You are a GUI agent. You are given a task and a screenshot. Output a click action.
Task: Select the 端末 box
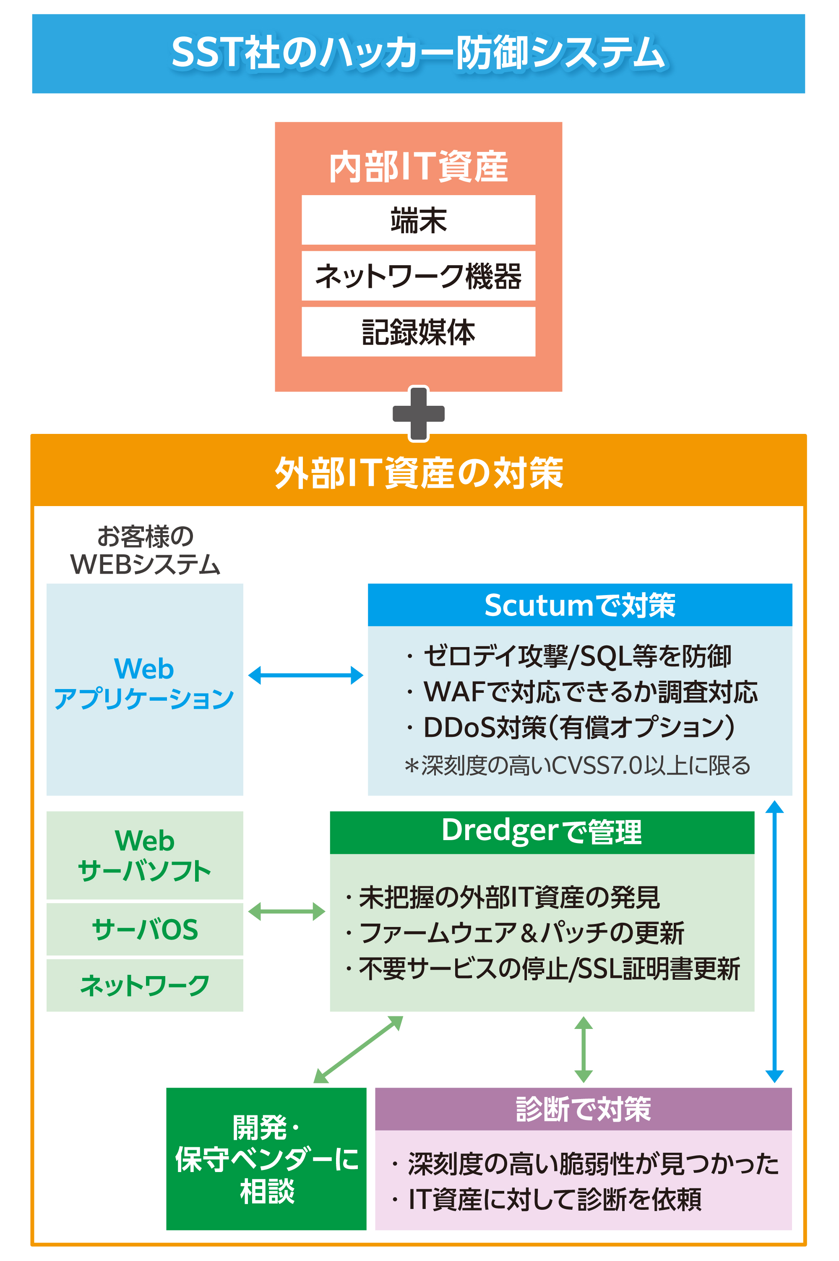click(x=418, y=220)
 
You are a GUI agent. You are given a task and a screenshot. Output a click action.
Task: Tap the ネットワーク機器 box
click(x=418, y=276)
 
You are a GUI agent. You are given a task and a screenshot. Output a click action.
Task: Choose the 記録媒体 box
click(x=418, y=332)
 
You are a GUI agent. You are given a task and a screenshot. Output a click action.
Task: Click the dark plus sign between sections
click(x=418, y=414)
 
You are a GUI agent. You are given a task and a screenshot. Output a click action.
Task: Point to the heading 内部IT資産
click(x=418, y=167)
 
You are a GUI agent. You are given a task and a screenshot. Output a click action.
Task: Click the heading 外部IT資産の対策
click(x=418, y=473)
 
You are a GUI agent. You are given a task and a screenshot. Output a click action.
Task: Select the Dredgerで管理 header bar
click(x=542, y=832)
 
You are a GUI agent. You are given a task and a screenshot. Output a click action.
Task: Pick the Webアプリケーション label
click(x=144, y=684)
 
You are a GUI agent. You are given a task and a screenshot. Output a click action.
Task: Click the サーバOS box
click(x=144, y=929)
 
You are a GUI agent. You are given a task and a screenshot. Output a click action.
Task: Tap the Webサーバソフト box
click(x=144, y=855)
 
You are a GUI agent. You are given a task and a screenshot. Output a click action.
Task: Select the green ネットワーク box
click(x=144, y=985)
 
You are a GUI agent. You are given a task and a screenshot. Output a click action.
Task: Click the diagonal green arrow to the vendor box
click(x=358, y=1049)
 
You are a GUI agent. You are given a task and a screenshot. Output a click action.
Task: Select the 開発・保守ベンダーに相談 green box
click(x=266, y=1159)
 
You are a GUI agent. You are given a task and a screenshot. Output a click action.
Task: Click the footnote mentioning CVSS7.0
click(x=578, y=765)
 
